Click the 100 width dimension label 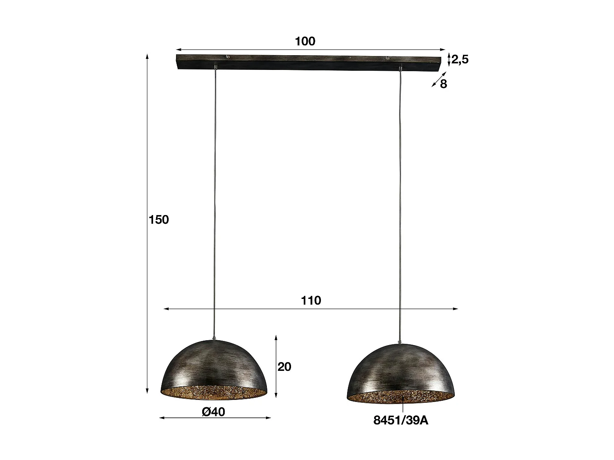[x=305, y=41]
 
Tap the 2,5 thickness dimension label [x=460, y=60]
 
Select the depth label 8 [x=443, y=84]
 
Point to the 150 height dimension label [x=158, y=220]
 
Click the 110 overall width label [x=311, y=301]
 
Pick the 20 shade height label [x=284, y=367]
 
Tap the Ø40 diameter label [x=213, y=412]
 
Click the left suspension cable [x=214, y=204]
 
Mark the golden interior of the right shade [x=400, y=397]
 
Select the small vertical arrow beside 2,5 [x=449, y=60]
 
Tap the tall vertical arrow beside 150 [x=147, y=225]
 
